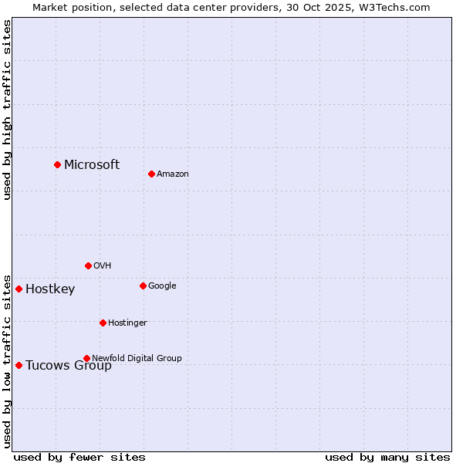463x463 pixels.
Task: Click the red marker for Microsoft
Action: (x=57, y=164)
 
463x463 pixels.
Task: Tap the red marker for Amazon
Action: (x=151, y=174)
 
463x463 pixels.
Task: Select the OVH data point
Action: (x=88, y=265)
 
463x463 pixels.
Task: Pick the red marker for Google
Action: (x=143, y=286)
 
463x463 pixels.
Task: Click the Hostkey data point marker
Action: (x=19, y=289)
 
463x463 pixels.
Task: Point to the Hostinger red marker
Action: (x=103, y=323)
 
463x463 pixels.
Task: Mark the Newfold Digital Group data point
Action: (x=86, y=358)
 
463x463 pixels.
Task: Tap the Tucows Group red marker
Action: (x=19, y=365)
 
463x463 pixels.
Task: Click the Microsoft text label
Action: (x=92, y=164)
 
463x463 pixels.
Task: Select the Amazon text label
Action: (x=173, y=174)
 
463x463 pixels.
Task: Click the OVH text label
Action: (x=103, y=266)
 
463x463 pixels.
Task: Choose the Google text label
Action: (x=162, y=286)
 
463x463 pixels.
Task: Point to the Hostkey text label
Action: (x=50, y=289)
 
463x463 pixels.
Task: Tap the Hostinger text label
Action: (x=127, y=323)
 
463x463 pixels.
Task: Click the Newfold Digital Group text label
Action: (x=137, y=358)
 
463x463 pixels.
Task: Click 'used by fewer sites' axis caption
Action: (x=79, y=457)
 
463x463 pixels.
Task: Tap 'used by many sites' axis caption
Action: (x=387, y=457)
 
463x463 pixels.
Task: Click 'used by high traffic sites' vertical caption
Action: (x=7, y=110)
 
